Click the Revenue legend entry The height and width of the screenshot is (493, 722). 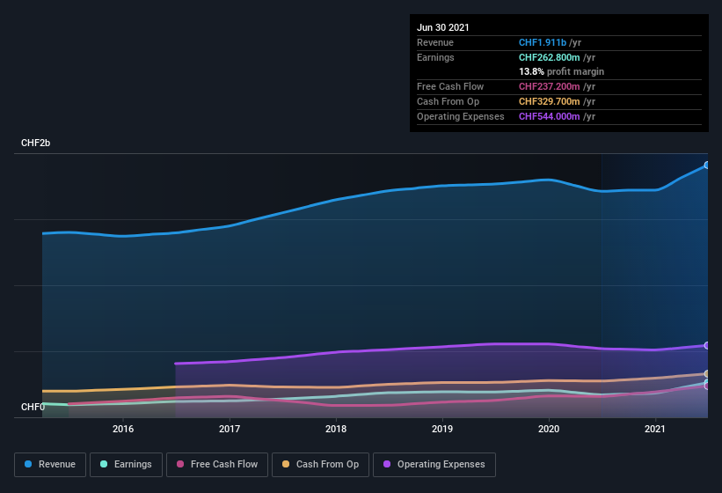(50, 464)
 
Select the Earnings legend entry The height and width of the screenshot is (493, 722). (127, 464)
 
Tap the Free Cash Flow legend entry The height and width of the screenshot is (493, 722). (217, 464)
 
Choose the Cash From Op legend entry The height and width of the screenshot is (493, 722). (320, 464)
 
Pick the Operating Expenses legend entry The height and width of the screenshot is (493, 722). (434, 464)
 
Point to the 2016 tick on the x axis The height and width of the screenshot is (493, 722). (123, 429)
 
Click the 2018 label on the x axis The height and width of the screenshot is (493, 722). (336, 429)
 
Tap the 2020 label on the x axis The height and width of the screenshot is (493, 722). (549, 429)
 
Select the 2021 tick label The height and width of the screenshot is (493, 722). (655, 429)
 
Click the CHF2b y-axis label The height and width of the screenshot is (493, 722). (36, 143)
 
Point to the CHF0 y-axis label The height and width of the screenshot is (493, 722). (33, 407)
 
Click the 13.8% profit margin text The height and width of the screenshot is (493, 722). (561, 71)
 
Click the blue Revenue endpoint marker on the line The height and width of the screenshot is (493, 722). (706, 165)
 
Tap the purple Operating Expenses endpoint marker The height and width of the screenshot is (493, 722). (706, 345)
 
